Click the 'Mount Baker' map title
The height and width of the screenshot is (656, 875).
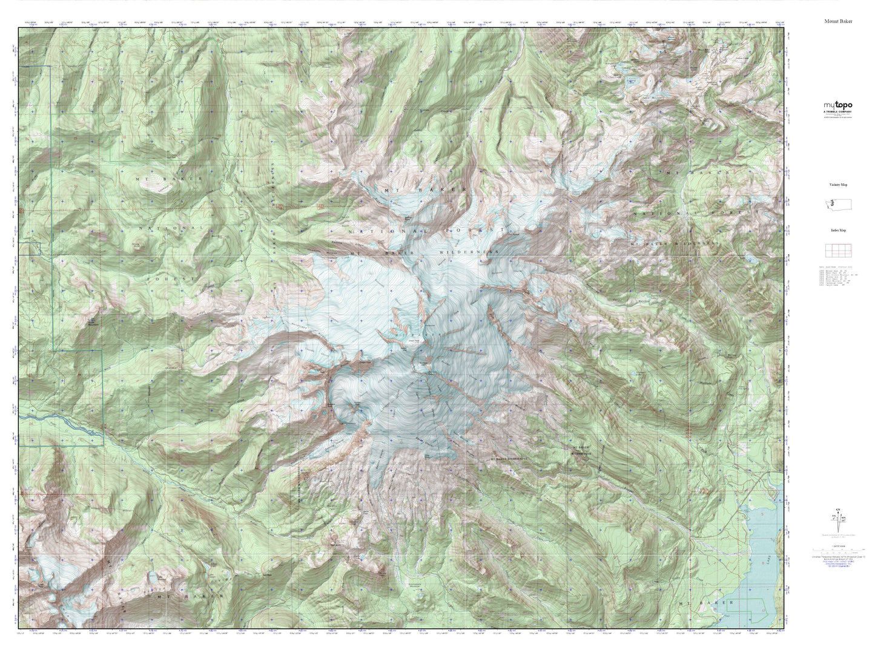click(837, 21)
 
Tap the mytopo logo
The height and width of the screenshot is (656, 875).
click(837, 105)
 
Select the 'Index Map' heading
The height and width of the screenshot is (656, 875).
click(838, 231)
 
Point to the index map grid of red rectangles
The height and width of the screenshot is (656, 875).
click(838, 250)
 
